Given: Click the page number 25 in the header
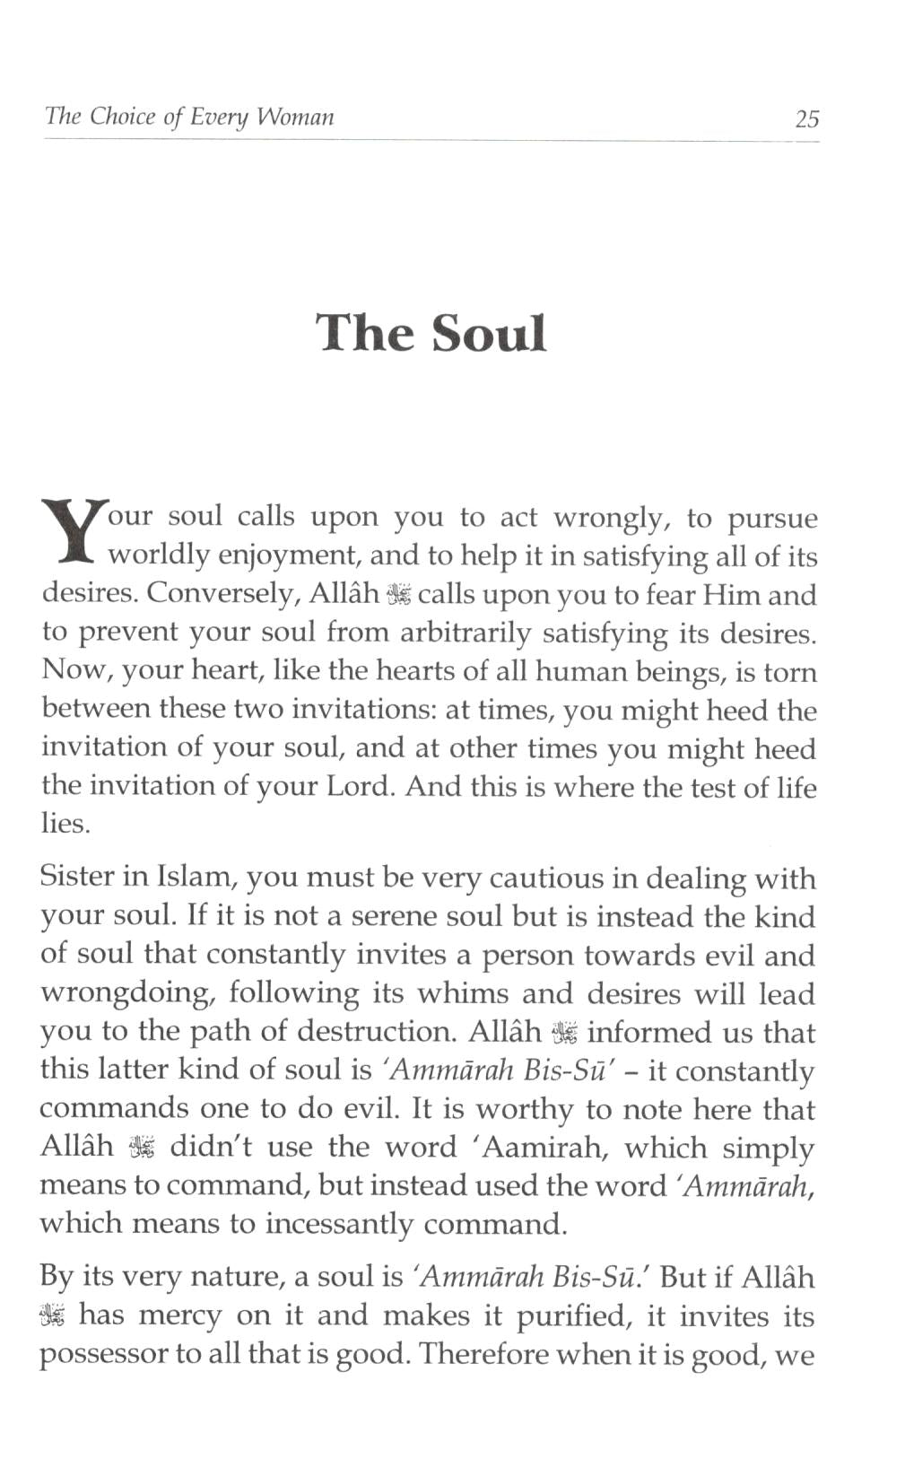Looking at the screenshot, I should [x=806, y=118].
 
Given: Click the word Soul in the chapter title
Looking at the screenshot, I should [x=489, y=333].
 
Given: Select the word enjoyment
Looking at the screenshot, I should [x=289, y=556].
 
